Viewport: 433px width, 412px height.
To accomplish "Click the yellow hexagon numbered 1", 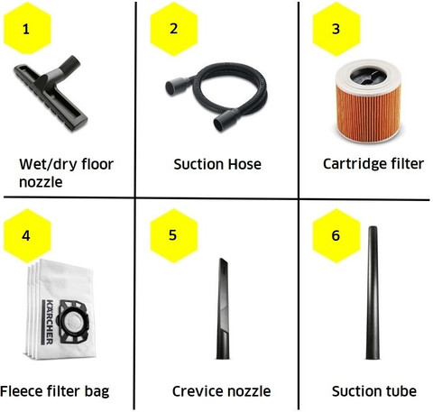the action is tap(27, 28).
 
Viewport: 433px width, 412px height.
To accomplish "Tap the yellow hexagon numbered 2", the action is tap(174, 29).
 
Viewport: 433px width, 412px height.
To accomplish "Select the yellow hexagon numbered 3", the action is tap(336, 29).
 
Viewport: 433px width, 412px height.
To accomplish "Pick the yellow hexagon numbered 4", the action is tap(27, 235).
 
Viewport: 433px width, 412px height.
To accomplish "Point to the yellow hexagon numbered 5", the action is tap(174, 235).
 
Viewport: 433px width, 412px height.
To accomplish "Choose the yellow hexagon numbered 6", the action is tap(336, 235).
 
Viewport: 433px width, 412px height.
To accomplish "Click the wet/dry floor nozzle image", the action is tap(50, 94).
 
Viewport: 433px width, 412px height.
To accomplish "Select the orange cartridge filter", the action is tap(368, 101).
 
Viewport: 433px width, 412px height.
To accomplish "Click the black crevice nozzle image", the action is tap(223, 309).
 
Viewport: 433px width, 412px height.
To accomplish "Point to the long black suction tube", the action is tap(373, 293).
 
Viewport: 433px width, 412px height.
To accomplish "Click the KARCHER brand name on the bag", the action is tap(49, 322).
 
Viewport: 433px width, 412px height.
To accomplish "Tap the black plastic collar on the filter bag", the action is tap(74, 322).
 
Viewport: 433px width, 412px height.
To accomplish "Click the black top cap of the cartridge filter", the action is tap(368, 75).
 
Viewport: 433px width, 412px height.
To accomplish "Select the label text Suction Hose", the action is tap(217, 164).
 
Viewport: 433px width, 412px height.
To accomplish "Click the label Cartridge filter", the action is tap(373, 164).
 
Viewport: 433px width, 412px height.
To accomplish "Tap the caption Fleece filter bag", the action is tap(54, 392).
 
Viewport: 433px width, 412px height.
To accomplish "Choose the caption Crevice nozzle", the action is tap(221, 391).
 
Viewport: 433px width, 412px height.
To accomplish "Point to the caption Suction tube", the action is tap(374, 391).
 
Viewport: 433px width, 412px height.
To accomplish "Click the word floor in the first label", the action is tap(97, 164).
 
